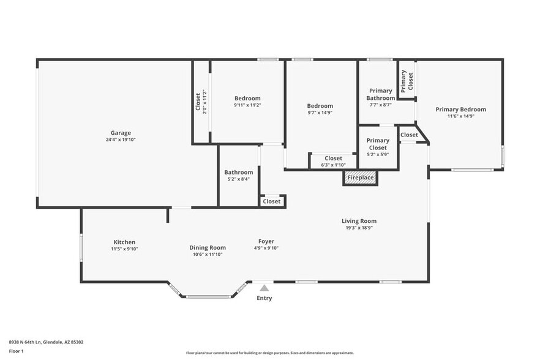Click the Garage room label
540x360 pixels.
(121, 133)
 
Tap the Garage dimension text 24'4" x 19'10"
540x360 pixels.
(121, 140)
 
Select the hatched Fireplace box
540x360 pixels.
(360, 178)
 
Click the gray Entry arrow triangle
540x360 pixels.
(264, 288)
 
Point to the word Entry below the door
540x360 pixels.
(264, 298)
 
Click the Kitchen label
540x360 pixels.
(124, 242)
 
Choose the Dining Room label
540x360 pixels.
(207, 247)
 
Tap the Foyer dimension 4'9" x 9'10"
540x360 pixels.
(266, 248)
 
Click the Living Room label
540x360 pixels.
(359, 221)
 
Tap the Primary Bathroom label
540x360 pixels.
(380, 94)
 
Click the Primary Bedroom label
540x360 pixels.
(460, 110)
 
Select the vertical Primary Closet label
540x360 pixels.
(407, 81)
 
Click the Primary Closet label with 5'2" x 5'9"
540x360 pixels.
(378, 144)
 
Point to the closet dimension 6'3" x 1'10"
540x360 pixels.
(333, 165)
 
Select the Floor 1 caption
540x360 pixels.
(17, 351)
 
